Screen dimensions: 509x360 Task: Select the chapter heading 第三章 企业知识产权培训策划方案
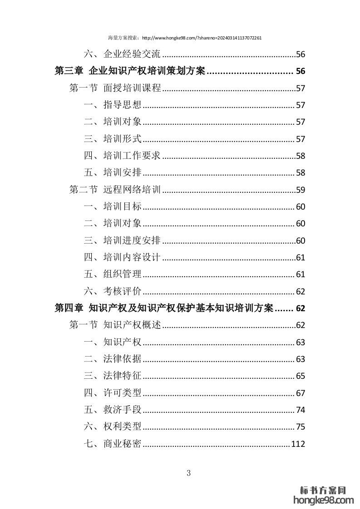pos(130,71)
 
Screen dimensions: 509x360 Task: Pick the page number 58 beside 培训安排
pos(300,173)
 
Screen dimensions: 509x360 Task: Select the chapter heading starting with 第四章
pos(163,308)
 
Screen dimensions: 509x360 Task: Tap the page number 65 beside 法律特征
pos(300,376)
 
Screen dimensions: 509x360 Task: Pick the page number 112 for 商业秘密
pos(298,444)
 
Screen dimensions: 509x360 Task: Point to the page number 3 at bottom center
pos(189,473)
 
